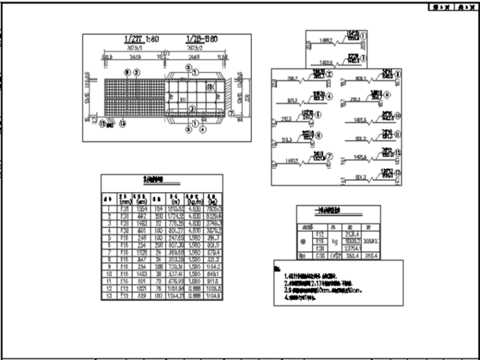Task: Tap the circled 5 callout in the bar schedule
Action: tap(318, 115)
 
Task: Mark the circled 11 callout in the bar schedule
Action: tap(397, 135)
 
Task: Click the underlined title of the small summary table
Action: tap(338, 211)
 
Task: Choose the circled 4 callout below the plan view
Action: tap(202, 131)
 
